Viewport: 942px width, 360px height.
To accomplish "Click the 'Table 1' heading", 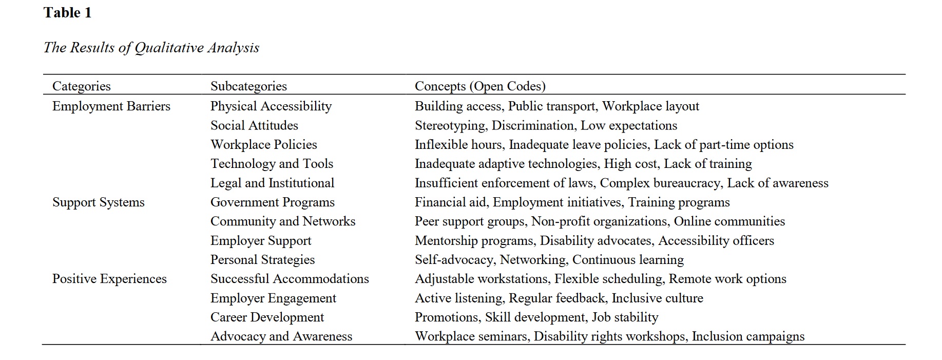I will [67, 13].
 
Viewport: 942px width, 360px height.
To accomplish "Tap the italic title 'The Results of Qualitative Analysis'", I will [151, 48].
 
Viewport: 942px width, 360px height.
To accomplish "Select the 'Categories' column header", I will [82, 86].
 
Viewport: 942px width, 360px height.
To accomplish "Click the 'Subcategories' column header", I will [248, 86].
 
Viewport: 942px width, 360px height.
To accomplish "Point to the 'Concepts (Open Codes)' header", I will [480, 86].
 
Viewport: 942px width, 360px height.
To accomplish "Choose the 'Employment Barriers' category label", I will [111, 106].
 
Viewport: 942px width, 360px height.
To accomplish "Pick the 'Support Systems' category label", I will [99, 202].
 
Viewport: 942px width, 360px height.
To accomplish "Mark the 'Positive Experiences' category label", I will [109, 279].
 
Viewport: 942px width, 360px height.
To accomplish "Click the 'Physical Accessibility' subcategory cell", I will [271, 106].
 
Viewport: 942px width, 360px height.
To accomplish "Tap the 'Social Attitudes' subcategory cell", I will [254, 125].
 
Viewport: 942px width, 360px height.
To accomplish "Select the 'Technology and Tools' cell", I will [272, 164].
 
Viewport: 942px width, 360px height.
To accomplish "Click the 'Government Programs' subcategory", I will [273, 202].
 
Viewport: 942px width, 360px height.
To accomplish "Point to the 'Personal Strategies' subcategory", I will [262, 260].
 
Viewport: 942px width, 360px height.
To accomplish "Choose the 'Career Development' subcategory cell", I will [267, 317].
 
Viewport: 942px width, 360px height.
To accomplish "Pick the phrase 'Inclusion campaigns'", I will [748, 336].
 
